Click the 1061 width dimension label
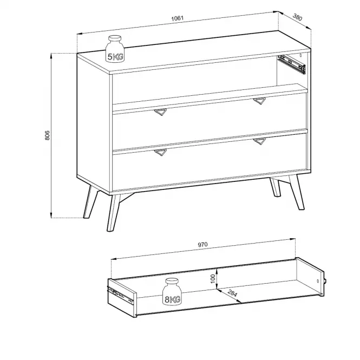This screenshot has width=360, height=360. [177, 18]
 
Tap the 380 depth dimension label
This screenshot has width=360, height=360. [297, 17]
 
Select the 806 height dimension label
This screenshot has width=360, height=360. [47, 135]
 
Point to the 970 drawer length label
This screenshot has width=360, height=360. [202, 245]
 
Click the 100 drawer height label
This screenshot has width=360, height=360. [213, 279]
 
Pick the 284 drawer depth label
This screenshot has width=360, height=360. [232, 293]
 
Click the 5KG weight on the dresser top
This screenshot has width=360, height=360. [115, 49]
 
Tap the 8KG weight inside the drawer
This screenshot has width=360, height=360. [172, 292]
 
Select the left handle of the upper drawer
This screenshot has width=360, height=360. [160, 112]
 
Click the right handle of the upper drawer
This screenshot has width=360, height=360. [260, 101]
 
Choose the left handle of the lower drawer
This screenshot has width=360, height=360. [160, 153]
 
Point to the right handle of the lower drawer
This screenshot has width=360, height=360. [260, 141]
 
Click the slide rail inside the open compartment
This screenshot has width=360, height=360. [292, 64]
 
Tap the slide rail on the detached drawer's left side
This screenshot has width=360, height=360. [120, 295]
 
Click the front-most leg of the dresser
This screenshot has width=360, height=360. [114, 213]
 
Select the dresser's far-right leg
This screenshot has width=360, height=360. [297, 192]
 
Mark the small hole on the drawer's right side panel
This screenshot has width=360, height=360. [318, 281]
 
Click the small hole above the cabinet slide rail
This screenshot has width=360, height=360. [301, 55]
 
